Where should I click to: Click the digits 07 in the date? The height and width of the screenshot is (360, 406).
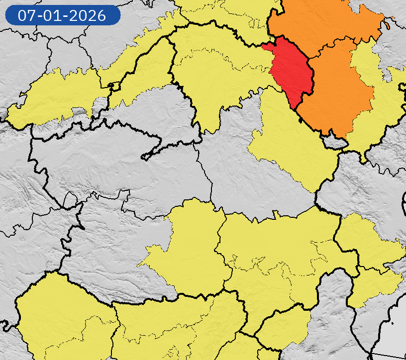point(27,15)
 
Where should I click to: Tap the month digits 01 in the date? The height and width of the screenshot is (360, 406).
point(54,15)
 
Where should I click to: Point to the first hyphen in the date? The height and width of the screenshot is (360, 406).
point(40,16)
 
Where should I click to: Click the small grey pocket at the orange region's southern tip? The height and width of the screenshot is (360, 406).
point(335,143)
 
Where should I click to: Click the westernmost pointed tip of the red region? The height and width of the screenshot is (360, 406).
point(262,46)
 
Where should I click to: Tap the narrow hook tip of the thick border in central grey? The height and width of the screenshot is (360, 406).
point(144,158)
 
